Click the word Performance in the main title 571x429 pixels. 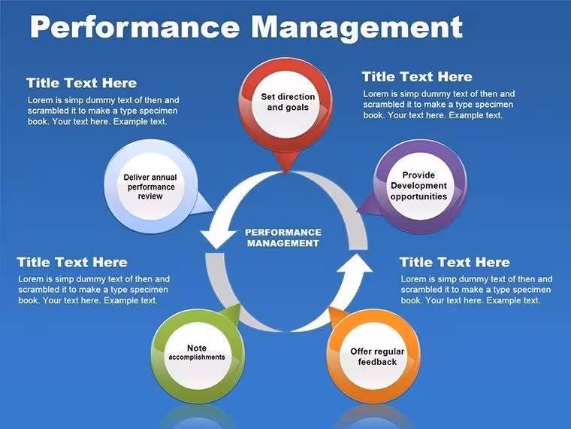(134, 26)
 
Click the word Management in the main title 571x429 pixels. (357, 28)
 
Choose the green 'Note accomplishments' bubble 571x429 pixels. (198, 353)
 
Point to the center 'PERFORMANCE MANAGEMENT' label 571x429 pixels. (283, 238)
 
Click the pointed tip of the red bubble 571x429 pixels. (286, 173)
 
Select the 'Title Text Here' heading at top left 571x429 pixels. (82, 83)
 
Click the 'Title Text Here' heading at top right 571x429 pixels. (417, 77)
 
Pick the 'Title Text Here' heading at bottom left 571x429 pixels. (72, 262)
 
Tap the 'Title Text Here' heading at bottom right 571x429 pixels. (455, 262)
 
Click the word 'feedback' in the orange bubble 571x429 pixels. (377, 362)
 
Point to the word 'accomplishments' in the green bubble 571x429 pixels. (197, 357)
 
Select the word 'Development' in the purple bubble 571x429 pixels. (418, 186)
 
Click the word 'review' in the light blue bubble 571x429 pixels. (150, 196)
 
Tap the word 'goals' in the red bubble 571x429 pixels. (297, 108)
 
